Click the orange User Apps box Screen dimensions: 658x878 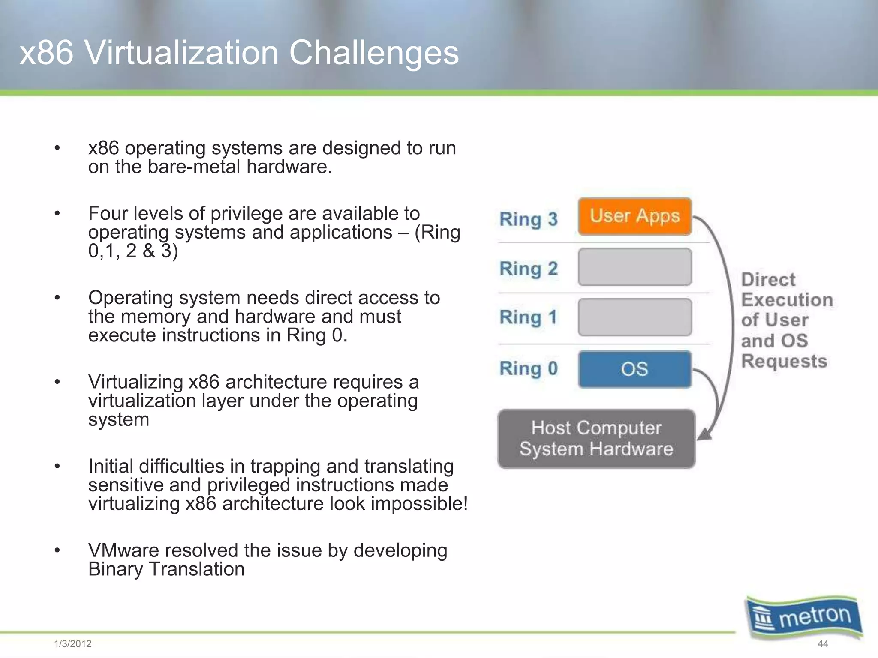pyautogui.click(x=634, y=216)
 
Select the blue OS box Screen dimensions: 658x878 pyautogui.click(x=634, y=369)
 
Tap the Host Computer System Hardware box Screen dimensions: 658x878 pyautogui.click(x=596, y=438)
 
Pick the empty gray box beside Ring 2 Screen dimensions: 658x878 pyautogui.click(x=634, y=267)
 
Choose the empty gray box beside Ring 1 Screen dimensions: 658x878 pyautogui.click(x=634, y=317)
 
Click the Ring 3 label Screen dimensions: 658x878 pyautogui.click(x=528, y=219)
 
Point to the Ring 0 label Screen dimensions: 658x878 pyautogui.click(x=528, y=368)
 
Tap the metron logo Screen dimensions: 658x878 pyautogui.click(x=804, y=617)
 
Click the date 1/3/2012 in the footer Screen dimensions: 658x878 pyautogui.click(x=73, y=643)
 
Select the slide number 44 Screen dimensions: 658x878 pyautogui.click(x=823, y=643)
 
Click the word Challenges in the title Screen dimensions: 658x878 pyautogui.click(x=373, y=53)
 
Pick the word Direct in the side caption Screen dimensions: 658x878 pyautogui.click(x=768, y=280)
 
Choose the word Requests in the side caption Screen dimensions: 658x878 pyautogui.click(x=784, y=361)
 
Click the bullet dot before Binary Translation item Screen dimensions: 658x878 pyautogui.click(x=57, y=550)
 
